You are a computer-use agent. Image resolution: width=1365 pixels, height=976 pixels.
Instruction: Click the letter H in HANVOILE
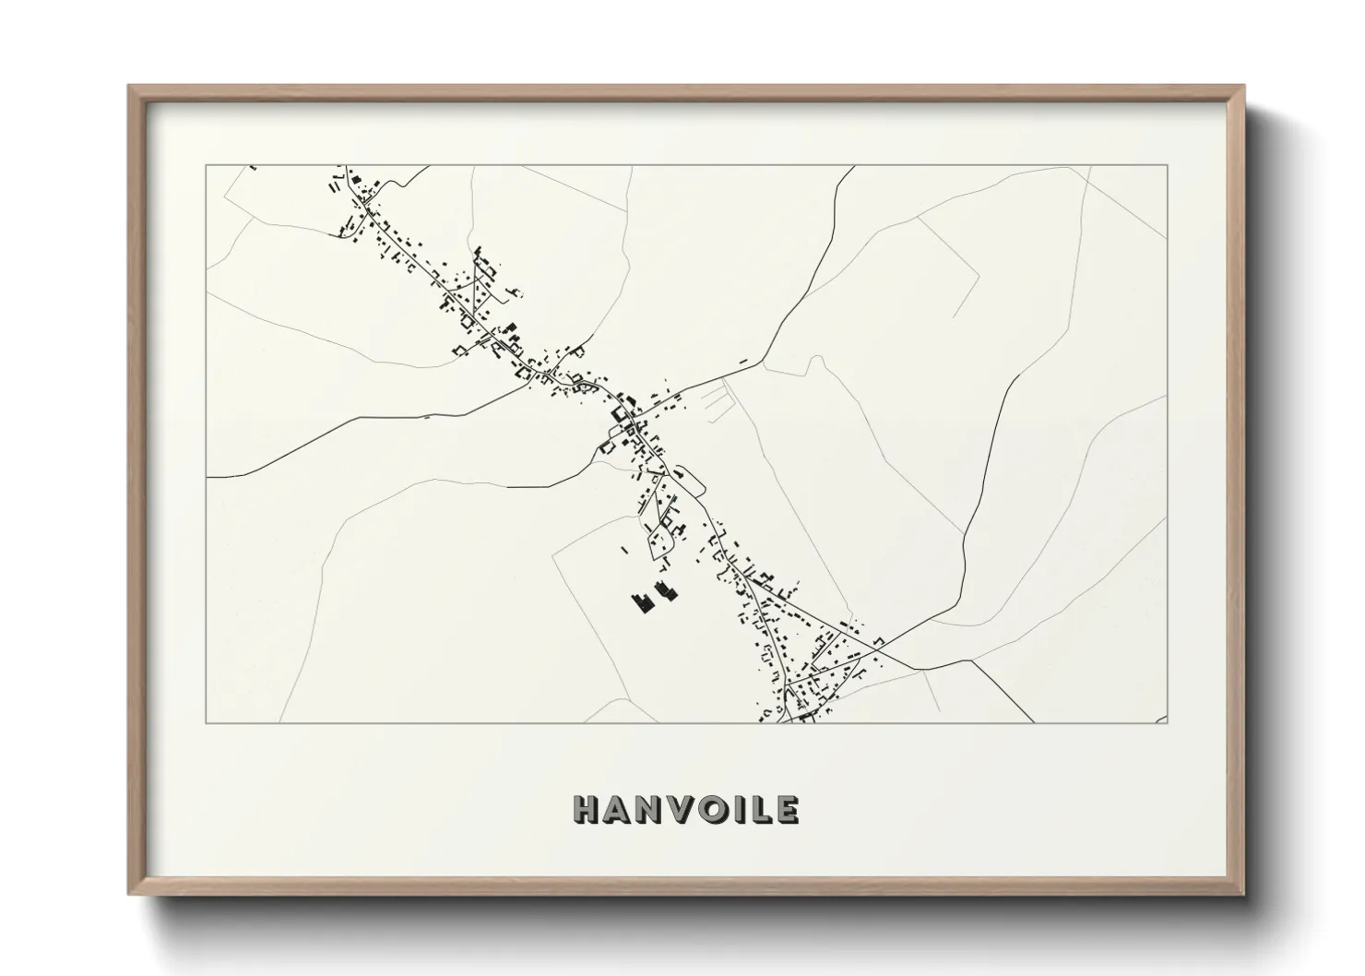click(x=588, y=810)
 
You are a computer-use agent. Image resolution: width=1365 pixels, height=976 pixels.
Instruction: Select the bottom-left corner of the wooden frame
click(x=130, y=893)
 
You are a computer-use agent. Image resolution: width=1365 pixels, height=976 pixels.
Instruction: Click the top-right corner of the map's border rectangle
click(x=1168, y=166)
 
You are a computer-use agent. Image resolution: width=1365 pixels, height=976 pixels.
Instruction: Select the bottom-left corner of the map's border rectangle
click(x=207, y=722)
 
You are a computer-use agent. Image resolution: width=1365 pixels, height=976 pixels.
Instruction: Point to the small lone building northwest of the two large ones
click(x=624, y=551)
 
